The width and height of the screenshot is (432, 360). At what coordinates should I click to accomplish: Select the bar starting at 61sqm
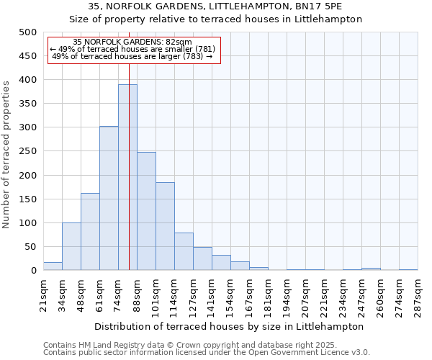click(x=109, y=199)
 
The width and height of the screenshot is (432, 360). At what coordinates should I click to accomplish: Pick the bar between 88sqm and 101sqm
click(x=146, y=212)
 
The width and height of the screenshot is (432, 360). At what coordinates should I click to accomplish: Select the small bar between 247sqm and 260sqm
click(x=371, y=269)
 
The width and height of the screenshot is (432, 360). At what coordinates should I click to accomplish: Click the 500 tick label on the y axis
click(x=28, y=32)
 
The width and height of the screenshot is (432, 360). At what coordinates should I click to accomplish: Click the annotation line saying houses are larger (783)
click(x=132, y=56)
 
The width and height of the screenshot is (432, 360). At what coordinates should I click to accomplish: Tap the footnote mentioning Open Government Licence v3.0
click(x=207, y=352)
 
